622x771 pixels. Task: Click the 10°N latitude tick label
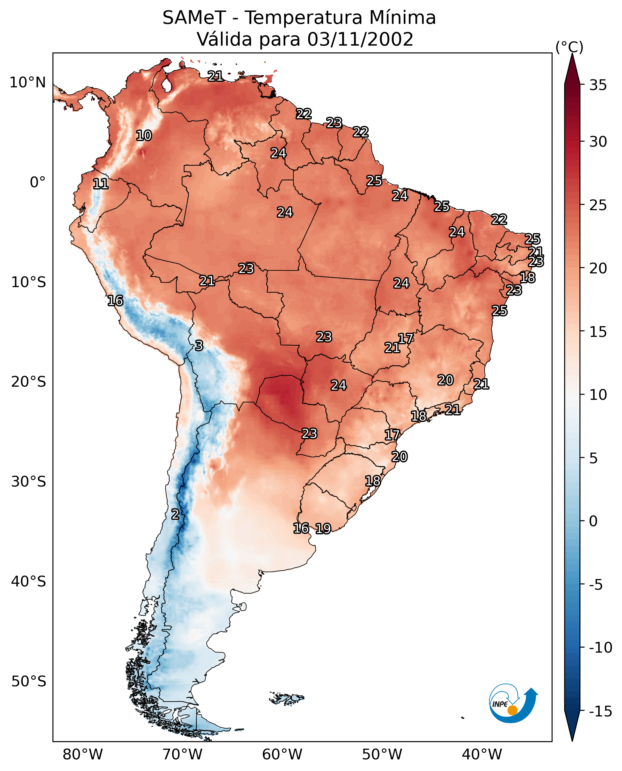[x=28, y=83]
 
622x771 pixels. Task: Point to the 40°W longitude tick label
[x=482, y=754]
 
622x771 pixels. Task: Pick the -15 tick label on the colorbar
[x=601, y=712]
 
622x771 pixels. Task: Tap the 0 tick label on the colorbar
[x=593, y=521]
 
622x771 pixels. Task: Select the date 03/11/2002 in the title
[x=360, y=39]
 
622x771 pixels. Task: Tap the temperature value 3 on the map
[x=199, y=345]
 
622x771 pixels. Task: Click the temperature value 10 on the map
[x=144, y=135]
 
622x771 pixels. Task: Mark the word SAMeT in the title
[x=194, y=18]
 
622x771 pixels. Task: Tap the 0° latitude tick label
[x=38, y=182]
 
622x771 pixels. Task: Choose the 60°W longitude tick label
[x=282, y=754]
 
